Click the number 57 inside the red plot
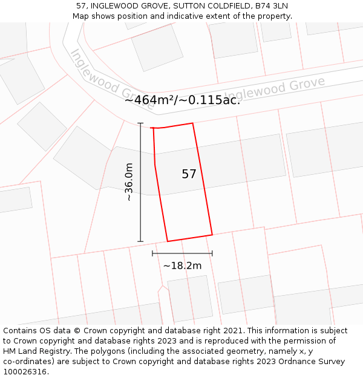[x=189, y=174]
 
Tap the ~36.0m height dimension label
[x=128, y=182]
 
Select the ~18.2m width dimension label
[x=182, y=265]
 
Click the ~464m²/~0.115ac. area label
[x=182, y=100]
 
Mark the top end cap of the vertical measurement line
[x=140, y=123]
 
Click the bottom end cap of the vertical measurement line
[x=140, y=241]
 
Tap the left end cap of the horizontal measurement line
[x=152, y=253]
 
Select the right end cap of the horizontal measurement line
[x=212, y=253]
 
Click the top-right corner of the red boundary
[x=192, y=123]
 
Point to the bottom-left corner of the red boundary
[x=168, y=241]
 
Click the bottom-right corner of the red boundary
[x=212, y=235]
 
